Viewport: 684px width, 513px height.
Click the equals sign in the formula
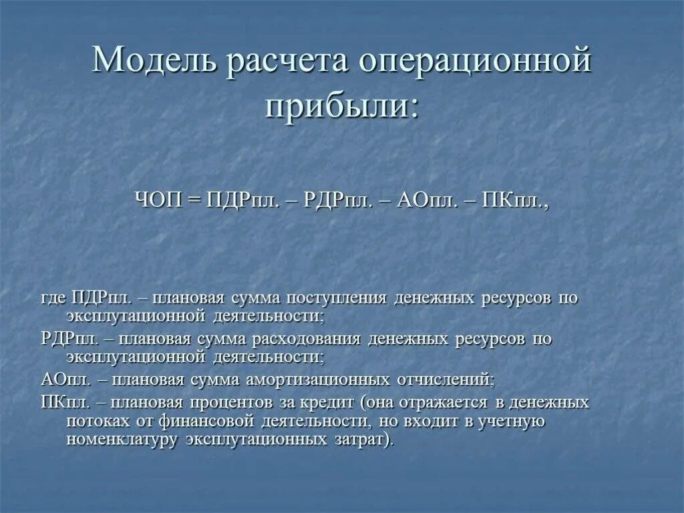pos(196,200)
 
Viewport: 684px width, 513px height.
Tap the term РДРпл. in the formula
pos(337,200)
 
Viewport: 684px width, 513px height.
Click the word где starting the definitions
pos(53,298)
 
